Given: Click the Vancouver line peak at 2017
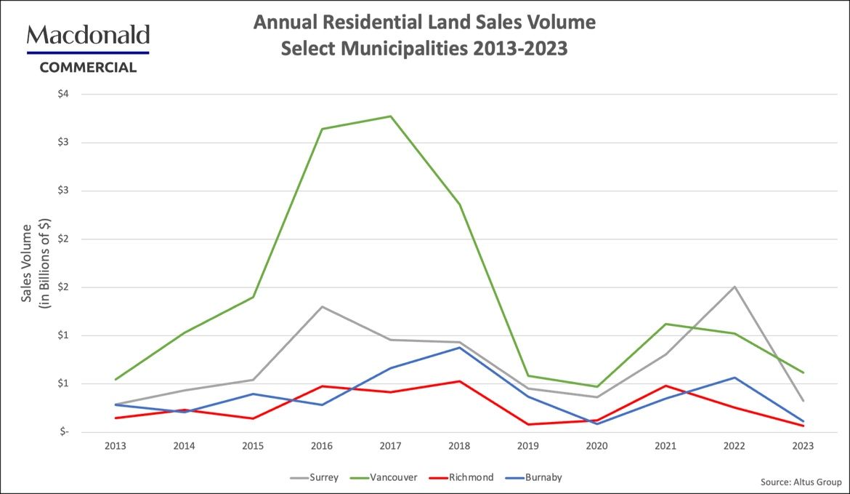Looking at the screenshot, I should [390, 116].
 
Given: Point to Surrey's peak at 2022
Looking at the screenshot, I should [734, 287].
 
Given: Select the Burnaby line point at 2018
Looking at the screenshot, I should [459, 348].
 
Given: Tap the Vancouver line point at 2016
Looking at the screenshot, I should [322, 130].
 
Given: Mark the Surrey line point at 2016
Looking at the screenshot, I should [322, 306].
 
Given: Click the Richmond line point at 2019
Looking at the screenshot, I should [528, 424].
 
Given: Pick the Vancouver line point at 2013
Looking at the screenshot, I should [116, 379].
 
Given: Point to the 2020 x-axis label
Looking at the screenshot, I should [596, 445].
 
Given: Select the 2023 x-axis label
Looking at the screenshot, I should [803, 445].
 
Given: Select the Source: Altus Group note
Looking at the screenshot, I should [801, 482].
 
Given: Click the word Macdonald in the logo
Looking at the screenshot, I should [88, 36].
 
